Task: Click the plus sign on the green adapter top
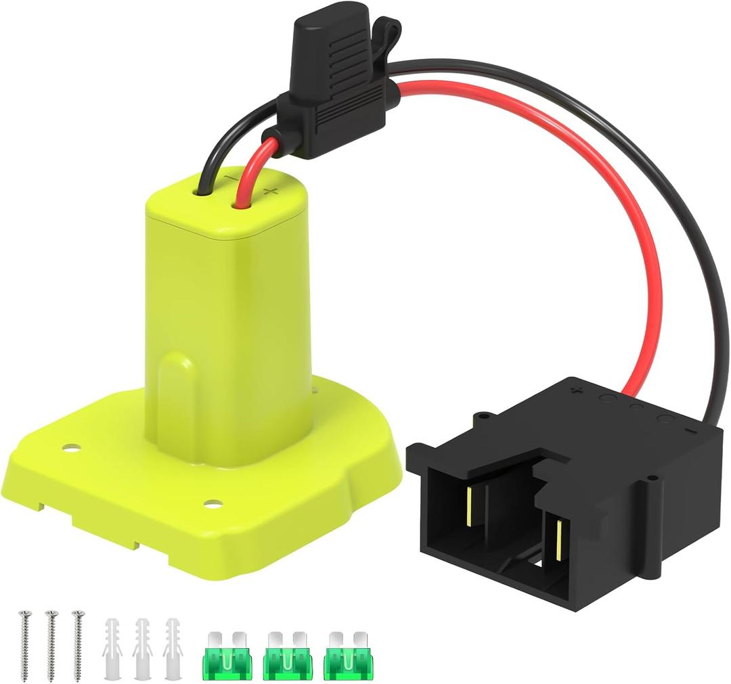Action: click(270, 192)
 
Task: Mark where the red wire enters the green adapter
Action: click(240, 200)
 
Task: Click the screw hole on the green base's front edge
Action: click(213, 504)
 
